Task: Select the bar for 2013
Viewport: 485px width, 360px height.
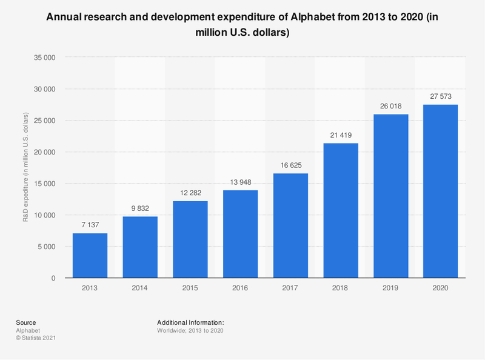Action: click(90, 255)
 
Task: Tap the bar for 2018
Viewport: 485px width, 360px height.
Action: click(341, 210)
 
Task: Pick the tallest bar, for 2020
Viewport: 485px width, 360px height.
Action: click(441, 191)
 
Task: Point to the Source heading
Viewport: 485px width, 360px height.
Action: click(26, 322)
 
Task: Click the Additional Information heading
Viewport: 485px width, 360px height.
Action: click(191, 322)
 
